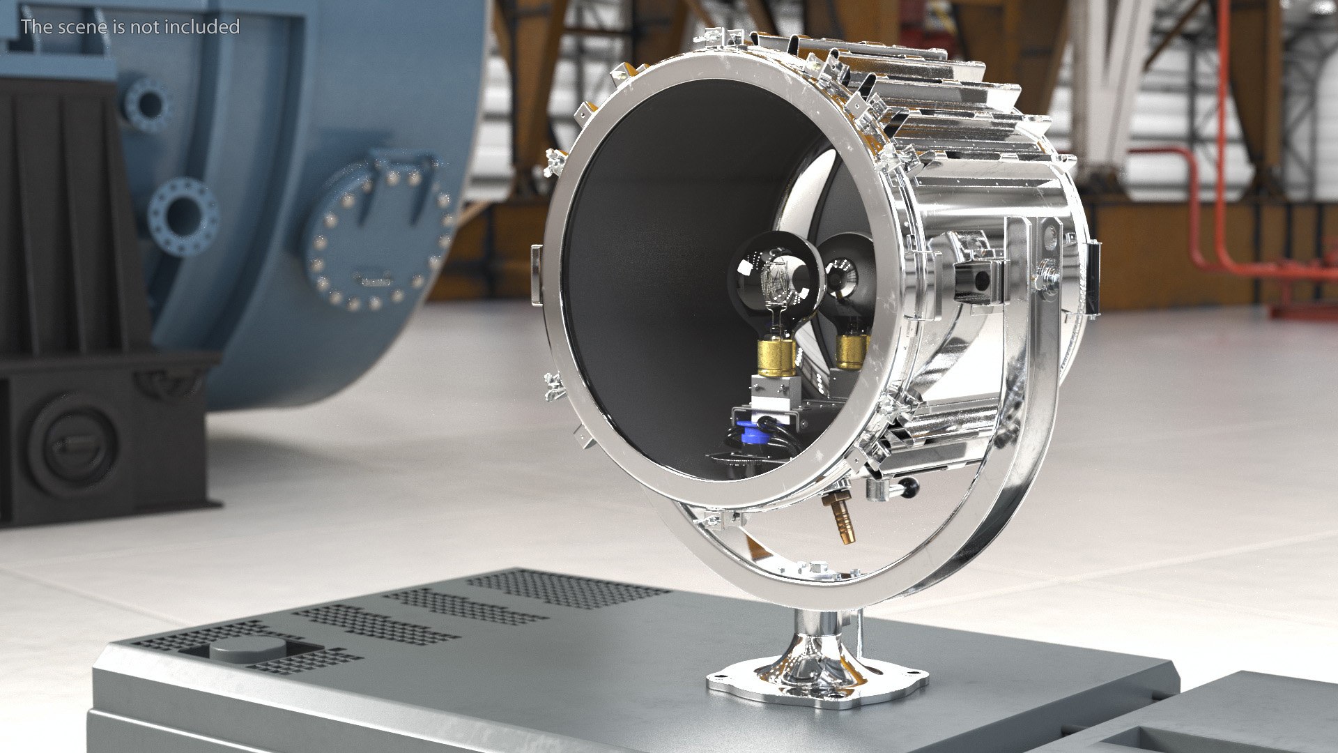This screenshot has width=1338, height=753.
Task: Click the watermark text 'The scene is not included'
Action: pyautogui.click(x=130, y=26)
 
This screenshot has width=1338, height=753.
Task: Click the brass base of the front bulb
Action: pyautogui.click(x=777, y=356)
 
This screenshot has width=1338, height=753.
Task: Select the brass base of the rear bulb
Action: pyautogui.click(x=852, y=351)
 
